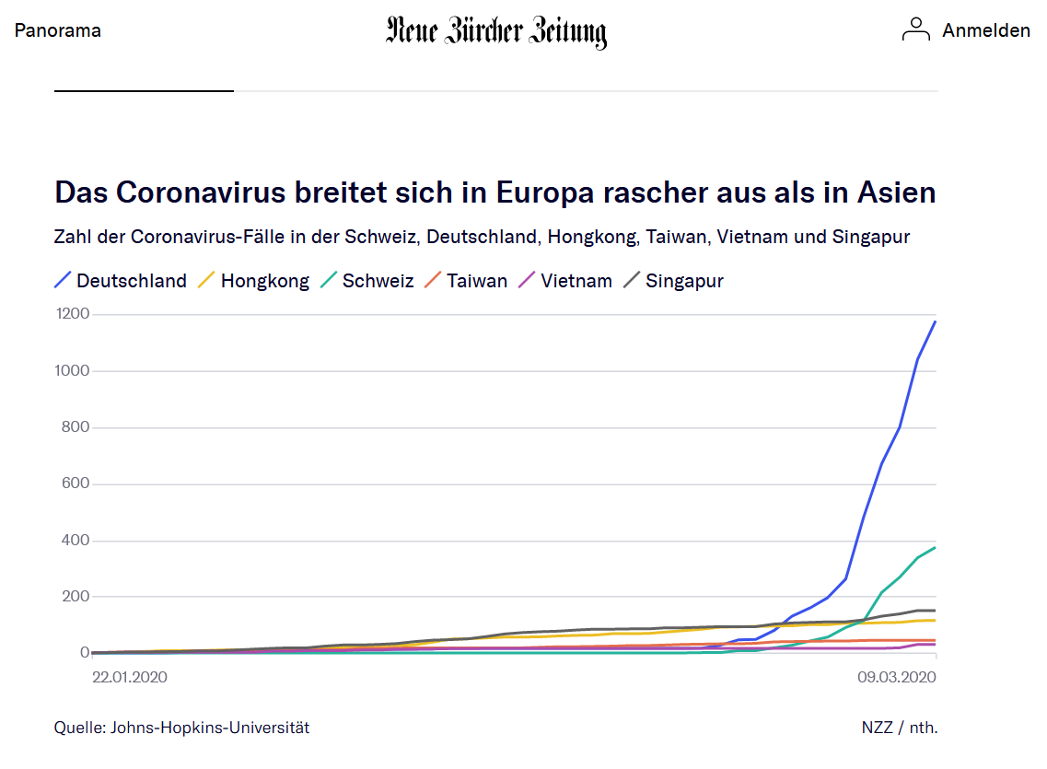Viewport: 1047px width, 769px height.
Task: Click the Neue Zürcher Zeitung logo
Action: point(496,31)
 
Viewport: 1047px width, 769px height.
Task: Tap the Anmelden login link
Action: point(985,30)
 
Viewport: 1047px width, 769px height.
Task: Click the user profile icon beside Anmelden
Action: point(916,29)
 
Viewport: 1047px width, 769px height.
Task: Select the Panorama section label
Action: point(58,30)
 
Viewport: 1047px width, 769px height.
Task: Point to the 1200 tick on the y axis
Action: point(72,314)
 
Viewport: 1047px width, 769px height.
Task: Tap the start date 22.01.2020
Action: point(131,677)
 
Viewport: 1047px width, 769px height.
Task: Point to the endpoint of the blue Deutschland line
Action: point(936,321)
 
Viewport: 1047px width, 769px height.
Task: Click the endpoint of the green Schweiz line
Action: point(936,547)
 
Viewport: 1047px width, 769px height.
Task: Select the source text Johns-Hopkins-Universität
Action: point(210,728)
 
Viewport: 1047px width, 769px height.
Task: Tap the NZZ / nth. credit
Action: point(900,728)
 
